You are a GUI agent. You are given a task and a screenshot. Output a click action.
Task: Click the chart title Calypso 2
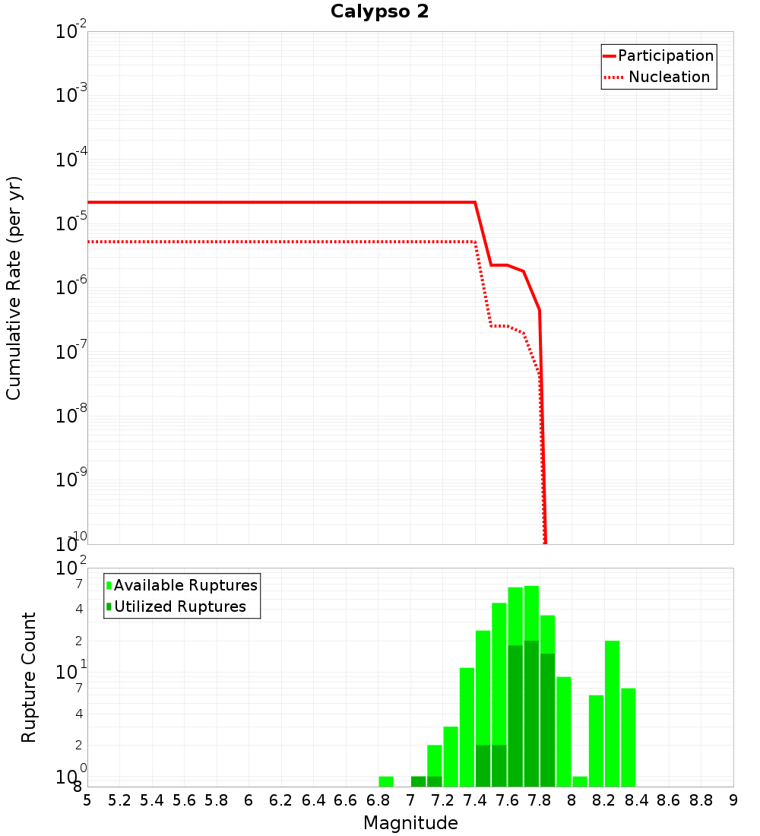pyautogui.click(x=379, y=12)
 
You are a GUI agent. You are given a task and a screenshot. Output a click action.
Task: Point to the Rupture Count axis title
pyautogui.click(x=29, y=677)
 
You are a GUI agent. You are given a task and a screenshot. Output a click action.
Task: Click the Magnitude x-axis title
pyautogui.click(x=410, y=823)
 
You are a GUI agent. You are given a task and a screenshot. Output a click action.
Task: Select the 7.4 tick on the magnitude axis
pyautogui.click(x=475, y=800)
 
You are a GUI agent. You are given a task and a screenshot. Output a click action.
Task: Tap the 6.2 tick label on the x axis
pyautogui.click(x=281, y=800)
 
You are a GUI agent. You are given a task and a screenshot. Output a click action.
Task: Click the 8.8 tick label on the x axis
pyautogui.click(x=701, y=800)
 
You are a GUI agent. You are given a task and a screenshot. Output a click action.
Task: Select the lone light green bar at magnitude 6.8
pyautogui.click(x=386, y=781)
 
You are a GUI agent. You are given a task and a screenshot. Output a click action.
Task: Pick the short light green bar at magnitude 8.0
pyautogui.click(x=580, y=781)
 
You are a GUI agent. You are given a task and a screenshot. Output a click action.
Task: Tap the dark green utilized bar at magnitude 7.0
pyautogui.click(x=418, y=781)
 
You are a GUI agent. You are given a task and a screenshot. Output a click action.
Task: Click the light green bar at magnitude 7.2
pyautogui.click(x=451, y=756)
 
